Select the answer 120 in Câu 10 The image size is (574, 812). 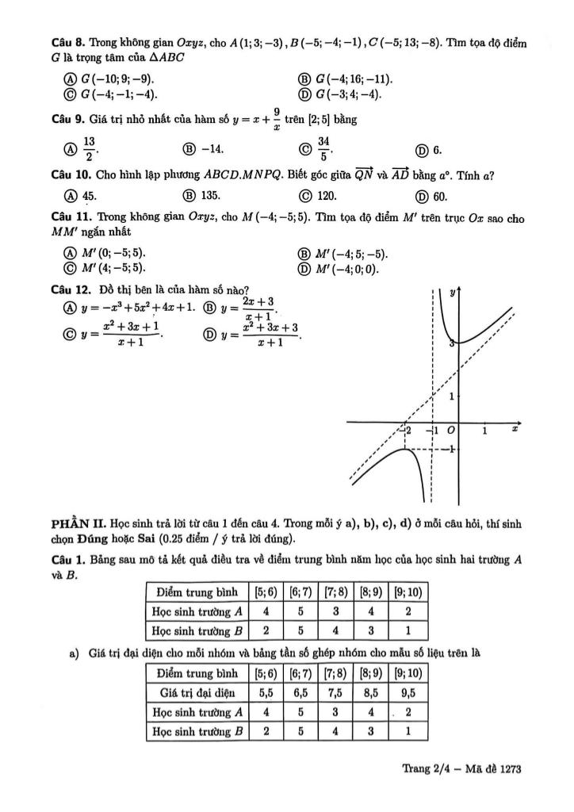[327, 197]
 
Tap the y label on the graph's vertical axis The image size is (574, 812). [453, 293]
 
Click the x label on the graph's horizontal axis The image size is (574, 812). [515, 429]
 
